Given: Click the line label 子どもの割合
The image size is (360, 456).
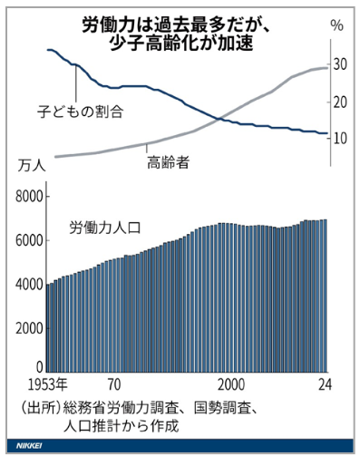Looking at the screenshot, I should point(81,112).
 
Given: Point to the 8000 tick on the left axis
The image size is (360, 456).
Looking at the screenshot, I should point(30,196).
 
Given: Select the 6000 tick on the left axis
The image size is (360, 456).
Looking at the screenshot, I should point(30,239).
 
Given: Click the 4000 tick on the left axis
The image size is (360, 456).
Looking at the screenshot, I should point(30,283).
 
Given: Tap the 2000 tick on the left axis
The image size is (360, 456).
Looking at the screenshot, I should point(30,326).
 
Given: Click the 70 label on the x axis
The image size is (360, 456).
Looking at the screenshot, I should point(115,384).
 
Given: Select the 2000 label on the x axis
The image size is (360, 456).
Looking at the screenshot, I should point(233,384).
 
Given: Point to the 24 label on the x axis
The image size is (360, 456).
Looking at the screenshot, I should point(324,384).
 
